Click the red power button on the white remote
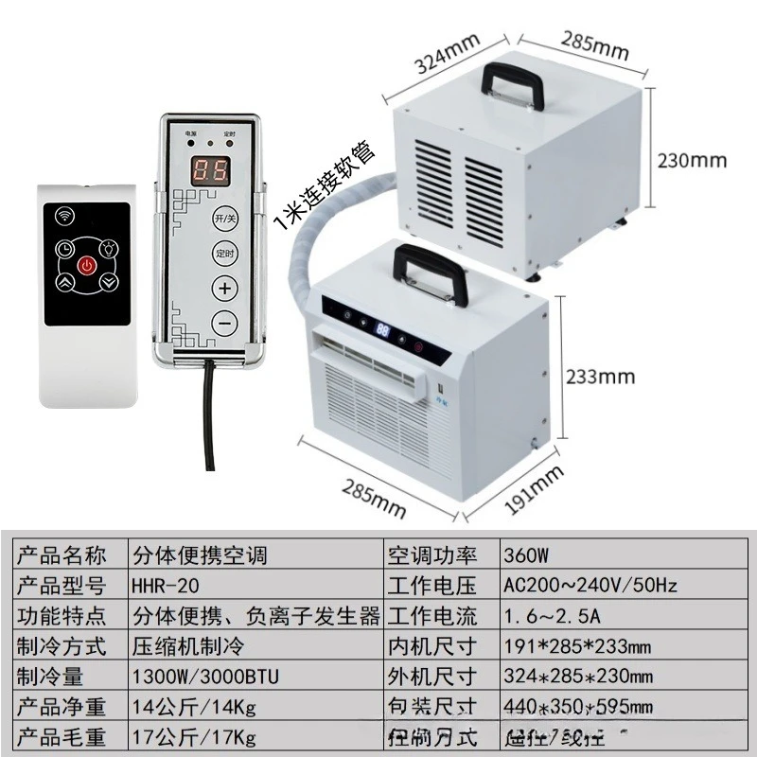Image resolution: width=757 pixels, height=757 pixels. (86, 266)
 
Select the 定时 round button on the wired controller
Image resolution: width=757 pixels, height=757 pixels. (225, 253)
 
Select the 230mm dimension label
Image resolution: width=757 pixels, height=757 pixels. (693, 160)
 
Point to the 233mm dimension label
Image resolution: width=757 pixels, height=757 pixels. (600, 377)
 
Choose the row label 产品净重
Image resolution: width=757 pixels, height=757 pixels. (62, 706)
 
